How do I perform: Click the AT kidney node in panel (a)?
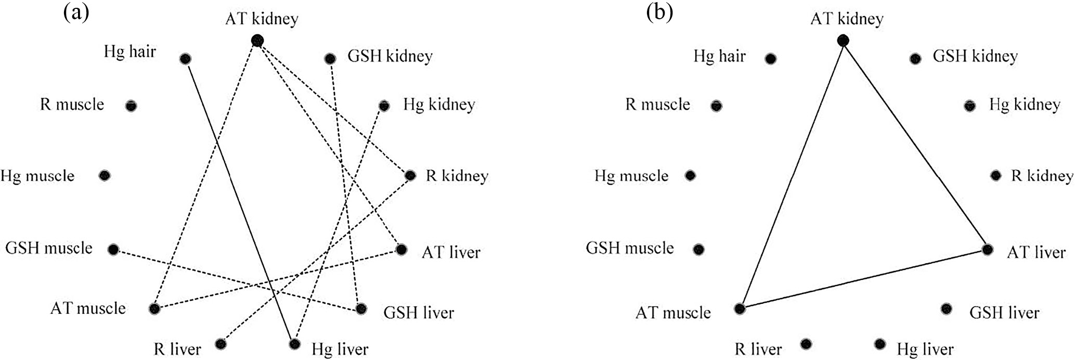pyautogui.click(x=256, y=40)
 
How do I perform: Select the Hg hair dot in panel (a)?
pyautogui.click(x=185, y=59)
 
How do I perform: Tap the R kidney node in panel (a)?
pyautogui.click(x=410, y=176)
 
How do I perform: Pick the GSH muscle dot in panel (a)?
pyautogui.click(x=113, y=249)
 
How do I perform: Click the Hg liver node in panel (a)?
pyautogui.click(x=295, y=344)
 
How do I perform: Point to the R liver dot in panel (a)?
pyautogui.click(x=221, y=344)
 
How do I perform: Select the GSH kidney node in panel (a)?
pyautogui.click(x=329, y=59)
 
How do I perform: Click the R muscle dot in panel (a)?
pyautogui.click(x=131, y=106)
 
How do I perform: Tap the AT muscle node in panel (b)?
pyautogui.click(x=740, y=309)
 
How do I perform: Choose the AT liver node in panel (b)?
pyautogui.click(x=987, y=250)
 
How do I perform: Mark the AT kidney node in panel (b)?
pyautogui.click(x=843, y=40)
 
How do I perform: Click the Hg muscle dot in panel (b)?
pyautogui.click(x=690, y=176)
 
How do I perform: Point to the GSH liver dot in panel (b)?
pyautogui.click(x=946, y=309)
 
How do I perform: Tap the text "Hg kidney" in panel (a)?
pyautogui.click(x=439, y=105)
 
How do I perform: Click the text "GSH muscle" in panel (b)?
pyautogui.click(x=630, y=248)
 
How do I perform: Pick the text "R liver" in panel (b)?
pyautogui.click(x=758, y=349)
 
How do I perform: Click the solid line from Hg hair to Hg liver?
pyautogui.click(x=240, y=201)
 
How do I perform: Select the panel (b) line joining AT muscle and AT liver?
pyautogui.click(x=863, y=279)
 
